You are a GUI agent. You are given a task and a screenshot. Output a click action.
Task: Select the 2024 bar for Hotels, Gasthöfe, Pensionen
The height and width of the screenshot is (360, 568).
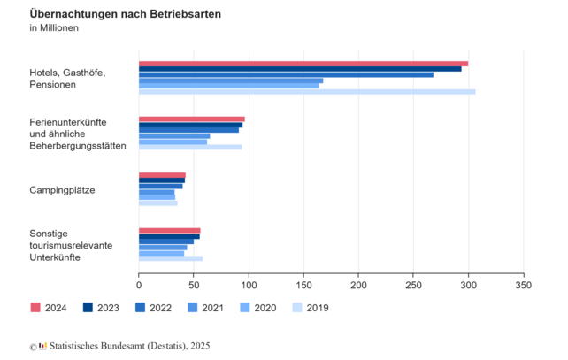point(303,64)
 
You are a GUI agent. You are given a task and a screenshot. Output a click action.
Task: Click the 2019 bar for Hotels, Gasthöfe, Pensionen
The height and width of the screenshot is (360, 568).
point(307,92)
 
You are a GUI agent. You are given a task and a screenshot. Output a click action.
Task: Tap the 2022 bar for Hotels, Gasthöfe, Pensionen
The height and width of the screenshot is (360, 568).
point(286,74)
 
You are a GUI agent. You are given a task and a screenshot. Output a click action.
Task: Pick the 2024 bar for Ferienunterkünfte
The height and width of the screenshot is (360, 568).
point(192,119)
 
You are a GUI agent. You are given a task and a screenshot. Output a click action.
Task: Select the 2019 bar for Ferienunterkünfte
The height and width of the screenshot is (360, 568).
point(190,147)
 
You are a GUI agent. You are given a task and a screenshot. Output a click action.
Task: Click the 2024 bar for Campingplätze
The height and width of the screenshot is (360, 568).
point(162,175)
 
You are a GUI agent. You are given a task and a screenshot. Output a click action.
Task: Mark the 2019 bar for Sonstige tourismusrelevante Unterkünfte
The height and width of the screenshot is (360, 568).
point(171,258)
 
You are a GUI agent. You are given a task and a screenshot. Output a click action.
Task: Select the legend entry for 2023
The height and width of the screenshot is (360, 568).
point(102,307)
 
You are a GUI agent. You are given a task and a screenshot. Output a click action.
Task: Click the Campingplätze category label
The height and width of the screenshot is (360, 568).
point(62,190)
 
